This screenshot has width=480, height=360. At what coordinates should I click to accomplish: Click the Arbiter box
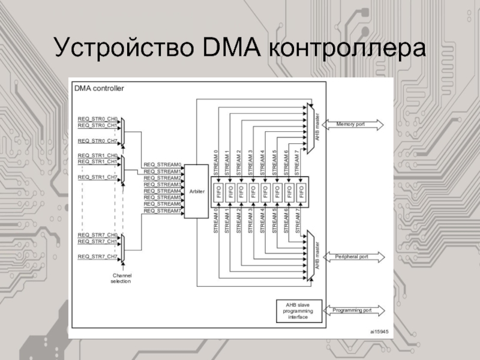click(x=196, y=191)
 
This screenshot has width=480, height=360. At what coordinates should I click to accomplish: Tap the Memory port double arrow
click(x=353, y=124)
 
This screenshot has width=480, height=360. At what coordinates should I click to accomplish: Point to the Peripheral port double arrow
click(x=353, y=256)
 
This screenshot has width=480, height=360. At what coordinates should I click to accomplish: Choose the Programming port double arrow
click(x=353, y=310)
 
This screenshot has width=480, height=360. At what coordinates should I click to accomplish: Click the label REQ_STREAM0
click(x=162, y=164)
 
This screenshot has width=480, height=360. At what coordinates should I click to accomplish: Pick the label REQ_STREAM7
click(x=162, y=211)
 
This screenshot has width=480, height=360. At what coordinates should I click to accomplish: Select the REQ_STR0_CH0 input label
click(x=97, y=119)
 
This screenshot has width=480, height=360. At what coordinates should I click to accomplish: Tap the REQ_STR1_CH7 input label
click(x=97, y=177)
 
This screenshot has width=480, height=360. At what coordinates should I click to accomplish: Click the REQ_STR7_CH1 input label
click(x=97, y=241)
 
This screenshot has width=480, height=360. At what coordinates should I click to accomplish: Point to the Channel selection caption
click(x=121, y=278)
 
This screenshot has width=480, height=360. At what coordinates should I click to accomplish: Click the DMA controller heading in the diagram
click(x=99, y=88)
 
